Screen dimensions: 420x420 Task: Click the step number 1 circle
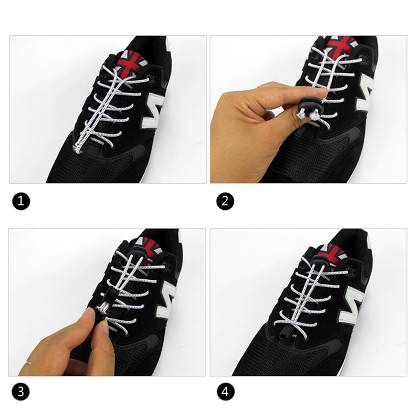click(x=21, y=201)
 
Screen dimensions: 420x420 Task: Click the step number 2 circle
click(x=225, y=201)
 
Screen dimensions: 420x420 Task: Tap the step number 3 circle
click(x=20, y=392)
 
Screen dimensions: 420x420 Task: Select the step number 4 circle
click(x=226, y=392)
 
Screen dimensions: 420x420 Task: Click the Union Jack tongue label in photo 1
click(x=131, y=64)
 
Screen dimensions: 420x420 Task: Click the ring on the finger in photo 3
click(x=28, y=363)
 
